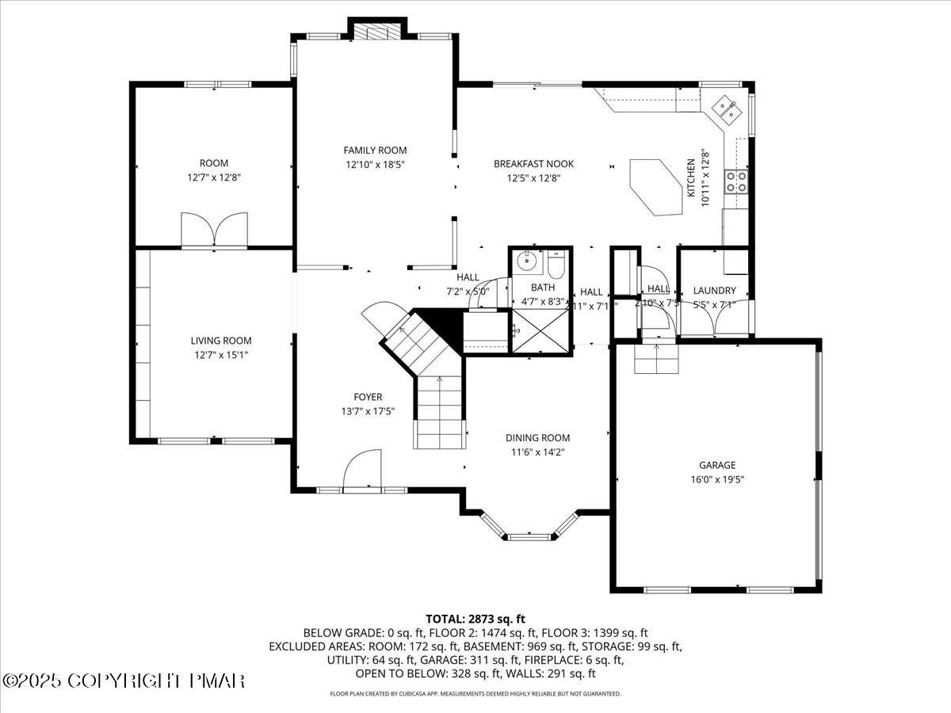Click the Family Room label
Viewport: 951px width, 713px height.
click(375, 150)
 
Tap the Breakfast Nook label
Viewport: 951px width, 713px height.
click(533, 164)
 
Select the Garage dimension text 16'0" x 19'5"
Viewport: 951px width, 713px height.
click(716, 479)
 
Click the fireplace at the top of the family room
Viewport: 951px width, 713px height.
click(376, 31)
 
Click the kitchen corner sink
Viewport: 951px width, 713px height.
click(727, 111)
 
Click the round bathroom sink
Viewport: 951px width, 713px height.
click(525, 261)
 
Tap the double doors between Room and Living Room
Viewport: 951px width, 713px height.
click(214, 230)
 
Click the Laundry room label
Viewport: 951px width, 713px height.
click(714, 291)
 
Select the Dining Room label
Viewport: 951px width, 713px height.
click(537, 438)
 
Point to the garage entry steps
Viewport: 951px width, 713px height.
click(655, 360)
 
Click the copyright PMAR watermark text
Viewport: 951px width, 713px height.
click(124, 681)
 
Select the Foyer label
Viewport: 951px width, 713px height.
click(368, 397)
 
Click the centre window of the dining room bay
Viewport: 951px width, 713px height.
click(528, 537)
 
